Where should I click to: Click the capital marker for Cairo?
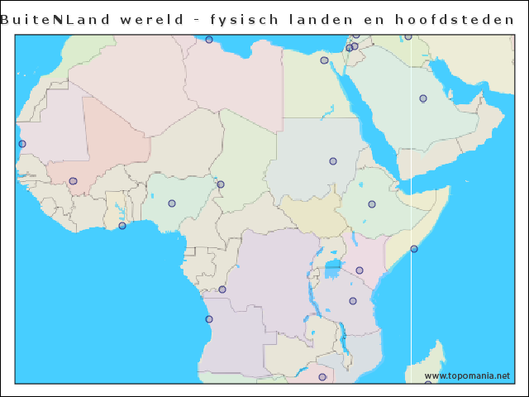(x=324, y=60)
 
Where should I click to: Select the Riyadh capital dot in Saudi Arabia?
(x=423, y=98)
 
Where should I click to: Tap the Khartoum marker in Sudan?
(x=333, y=161)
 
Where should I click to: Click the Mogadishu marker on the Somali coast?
(x=414, y=249)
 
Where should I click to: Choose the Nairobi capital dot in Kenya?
(x=360, y=270)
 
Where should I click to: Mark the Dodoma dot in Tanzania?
(x=352, y=301)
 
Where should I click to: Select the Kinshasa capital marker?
(x=222, y=289)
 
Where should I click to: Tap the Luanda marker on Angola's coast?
(x=209, y=319)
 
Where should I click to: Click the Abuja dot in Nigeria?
(x=172, y=203)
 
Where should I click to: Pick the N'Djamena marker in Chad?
(x=221, y=184)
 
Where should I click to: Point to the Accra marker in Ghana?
(x=122, y=226)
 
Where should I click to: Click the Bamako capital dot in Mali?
(x=73, y=181)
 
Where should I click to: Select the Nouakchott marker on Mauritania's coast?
(x=22, y=144)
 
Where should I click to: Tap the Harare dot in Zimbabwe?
(x=322, y=377)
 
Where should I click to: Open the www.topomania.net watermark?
(x=467, y=375)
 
